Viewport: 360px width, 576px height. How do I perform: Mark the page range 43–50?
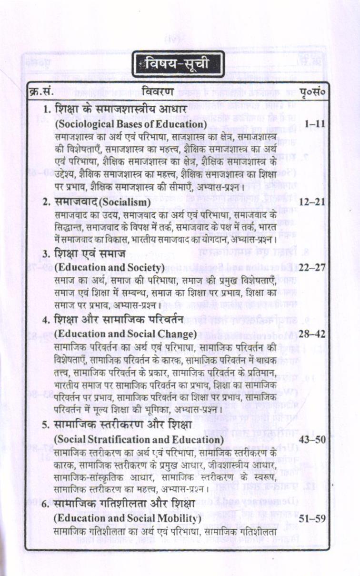(x=312, y=438)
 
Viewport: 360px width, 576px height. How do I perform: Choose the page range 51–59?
(x=312, y=517)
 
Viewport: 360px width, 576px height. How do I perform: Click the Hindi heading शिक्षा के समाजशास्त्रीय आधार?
(x=125, y=109)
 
